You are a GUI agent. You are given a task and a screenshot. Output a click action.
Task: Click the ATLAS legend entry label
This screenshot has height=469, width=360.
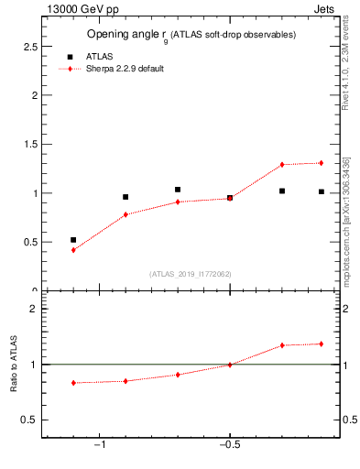click(100, 56)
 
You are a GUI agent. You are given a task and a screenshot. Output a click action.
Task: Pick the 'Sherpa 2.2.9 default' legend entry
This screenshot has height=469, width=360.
click(125, 69)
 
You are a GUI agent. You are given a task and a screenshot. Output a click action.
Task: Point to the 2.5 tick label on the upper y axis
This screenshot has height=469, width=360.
click(29, 46)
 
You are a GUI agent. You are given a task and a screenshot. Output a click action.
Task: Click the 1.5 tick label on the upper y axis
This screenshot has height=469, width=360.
click(29, 144)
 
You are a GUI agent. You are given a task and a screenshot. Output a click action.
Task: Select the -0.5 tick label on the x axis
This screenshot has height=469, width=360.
click(229, 446)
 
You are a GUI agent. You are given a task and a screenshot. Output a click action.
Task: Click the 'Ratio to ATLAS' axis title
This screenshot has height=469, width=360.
click(14, 369)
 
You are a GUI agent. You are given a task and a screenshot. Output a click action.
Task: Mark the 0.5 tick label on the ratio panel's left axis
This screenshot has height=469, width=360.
click(29, 420)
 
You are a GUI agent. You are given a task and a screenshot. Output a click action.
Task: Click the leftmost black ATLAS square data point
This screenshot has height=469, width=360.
click(73, 240)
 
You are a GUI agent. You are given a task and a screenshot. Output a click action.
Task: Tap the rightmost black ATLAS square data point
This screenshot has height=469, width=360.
click(322, 191)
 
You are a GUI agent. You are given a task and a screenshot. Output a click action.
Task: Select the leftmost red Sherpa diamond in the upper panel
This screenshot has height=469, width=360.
click(73, 250)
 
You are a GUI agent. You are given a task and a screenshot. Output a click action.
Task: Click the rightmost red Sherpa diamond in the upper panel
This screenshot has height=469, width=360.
click(322, 163)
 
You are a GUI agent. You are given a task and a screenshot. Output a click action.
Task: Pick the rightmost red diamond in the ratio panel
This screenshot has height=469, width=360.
click(322, 344)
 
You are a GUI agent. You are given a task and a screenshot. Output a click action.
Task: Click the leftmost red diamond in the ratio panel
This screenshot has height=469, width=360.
click(73, 383)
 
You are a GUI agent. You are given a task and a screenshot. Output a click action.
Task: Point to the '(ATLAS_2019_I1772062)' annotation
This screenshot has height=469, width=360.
click(190, 274)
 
